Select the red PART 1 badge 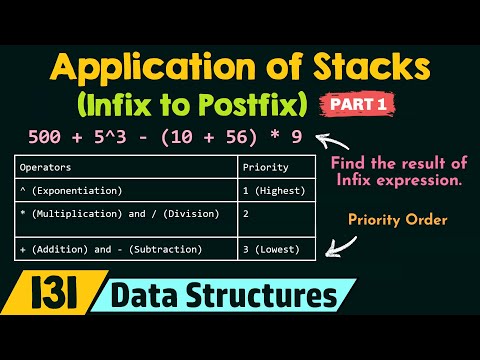[x=357, y=103]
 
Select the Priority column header [x=267, y=168]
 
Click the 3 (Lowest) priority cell [x=275, y=248]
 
